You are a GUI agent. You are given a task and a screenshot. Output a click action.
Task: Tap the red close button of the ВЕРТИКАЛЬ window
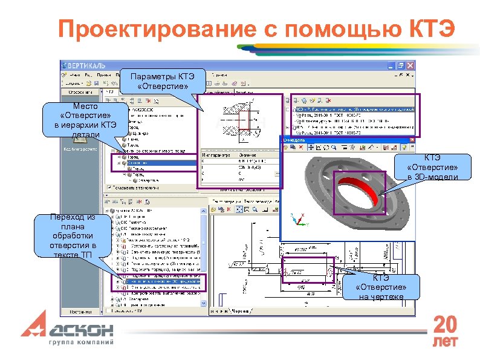pos(411,65)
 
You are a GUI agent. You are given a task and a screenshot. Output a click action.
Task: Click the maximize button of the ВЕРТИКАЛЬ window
pos(403,65)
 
